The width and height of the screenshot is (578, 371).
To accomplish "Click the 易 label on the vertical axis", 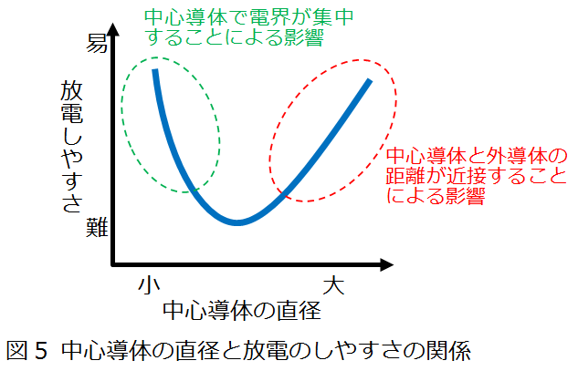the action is tap(98, 44).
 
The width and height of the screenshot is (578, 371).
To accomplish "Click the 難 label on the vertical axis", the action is tap(98, 227).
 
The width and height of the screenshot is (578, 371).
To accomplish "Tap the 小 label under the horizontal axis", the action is tap(149, 285).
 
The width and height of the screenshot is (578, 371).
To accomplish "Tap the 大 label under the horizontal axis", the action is tap(334, 285).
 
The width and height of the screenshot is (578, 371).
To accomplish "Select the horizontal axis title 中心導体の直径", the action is tap(242, 311).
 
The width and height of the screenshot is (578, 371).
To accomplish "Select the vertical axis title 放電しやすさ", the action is tap(71, 147).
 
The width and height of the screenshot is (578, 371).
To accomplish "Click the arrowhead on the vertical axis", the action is tap(114, 29).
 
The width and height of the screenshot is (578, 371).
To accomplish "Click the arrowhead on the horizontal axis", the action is tap(386, 264).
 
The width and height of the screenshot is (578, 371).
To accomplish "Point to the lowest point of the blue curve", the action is tap(237, 222).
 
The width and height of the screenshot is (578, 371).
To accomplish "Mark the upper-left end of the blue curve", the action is tap(155, 69).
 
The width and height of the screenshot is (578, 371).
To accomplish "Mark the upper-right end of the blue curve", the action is tap(370, 80).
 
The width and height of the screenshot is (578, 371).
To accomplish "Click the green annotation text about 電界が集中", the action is tap(249, 27).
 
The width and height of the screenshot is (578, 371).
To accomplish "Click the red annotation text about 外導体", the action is tap(477, 176).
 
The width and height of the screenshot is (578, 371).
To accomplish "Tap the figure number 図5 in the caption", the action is tap(27, 350).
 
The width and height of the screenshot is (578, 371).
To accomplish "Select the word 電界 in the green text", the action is tap(270, 17).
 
